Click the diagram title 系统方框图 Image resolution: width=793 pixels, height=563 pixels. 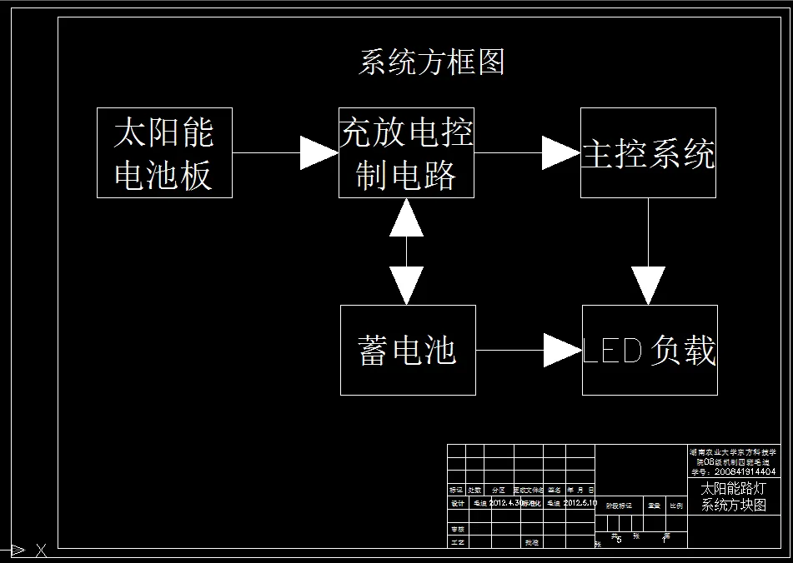pos(431,62)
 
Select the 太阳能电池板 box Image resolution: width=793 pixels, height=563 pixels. pos(164,153)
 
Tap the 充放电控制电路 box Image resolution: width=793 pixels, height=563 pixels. pos(406,153)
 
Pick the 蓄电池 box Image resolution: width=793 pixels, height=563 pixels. pos(408,350)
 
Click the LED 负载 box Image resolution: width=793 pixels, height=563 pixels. pos(649,351)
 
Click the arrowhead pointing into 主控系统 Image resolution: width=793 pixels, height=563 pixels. pos(561,153)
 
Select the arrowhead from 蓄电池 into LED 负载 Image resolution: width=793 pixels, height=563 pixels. pos(562,350)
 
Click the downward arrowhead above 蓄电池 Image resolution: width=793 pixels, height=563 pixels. pos(406,286)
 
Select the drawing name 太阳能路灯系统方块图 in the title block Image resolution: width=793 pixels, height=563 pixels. pos(733,497)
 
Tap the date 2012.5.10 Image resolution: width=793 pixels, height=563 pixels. pos(580,503)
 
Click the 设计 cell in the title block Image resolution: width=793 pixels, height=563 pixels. pos(457,503)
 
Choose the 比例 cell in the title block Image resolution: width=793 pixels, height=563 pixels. pos(676,505)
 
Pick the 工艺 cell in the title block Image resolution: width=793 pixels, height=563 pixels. pos(457,541)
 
